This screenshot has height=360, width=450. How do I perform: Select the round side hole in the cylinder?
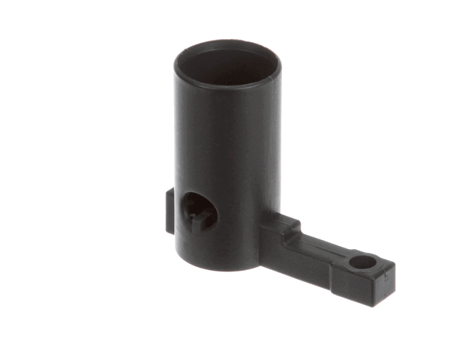pos(199,211)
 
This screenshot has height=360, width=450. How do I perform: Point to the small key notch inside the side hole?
pos(196,222)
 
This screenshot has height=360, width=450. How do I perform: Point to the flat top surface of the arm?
pos(322,247)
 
